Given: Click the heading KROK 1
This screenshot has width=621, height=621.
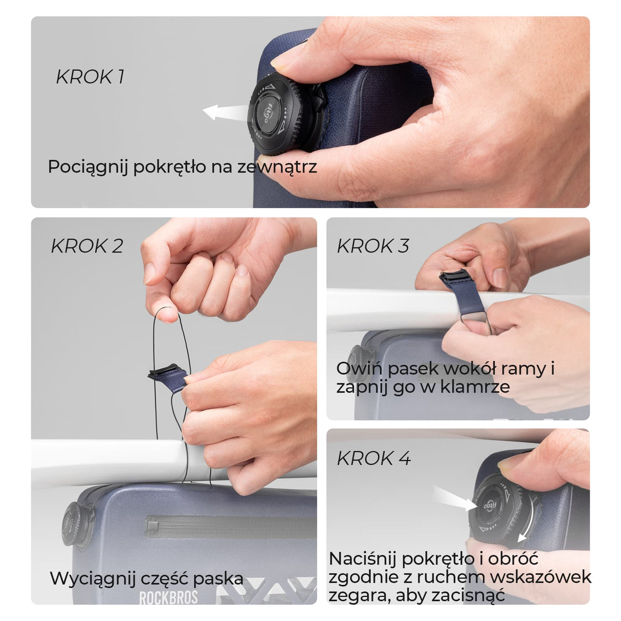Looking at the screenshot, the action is [x=90, y=77].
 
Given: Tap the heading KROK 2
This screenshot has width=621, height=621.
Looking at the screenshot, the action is [x=87, y=246].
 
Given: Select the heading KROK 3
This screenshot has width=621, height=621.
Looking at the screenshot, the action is [x=373, y=246].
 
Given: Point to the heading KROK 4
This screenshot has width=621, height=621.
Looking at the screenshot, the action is [x=373, y=458].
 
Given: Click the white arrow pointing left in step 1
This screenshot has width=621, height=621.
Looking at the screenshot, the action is [x=226, y=113].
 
